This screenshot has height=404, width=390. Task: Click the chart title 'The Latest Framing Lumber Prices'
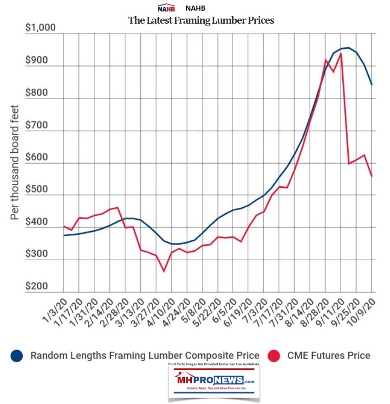(201, 20)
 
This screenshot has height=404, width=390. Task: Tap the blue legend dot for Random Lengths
(16, 356)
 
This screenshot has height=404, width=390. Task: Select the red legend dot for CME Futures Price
(273, 356)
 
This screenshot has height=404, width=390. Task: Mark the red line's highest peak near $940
(341, 53)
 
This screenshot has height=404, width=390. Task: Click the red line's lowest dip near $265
(163, 271)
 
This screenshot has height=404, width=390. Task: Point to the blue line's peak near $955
(348, 48)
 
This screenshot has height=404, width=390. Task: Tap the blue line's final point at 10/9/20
(372, 84)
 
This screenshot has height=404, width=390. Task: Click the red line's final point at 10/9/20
(372, 176)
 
